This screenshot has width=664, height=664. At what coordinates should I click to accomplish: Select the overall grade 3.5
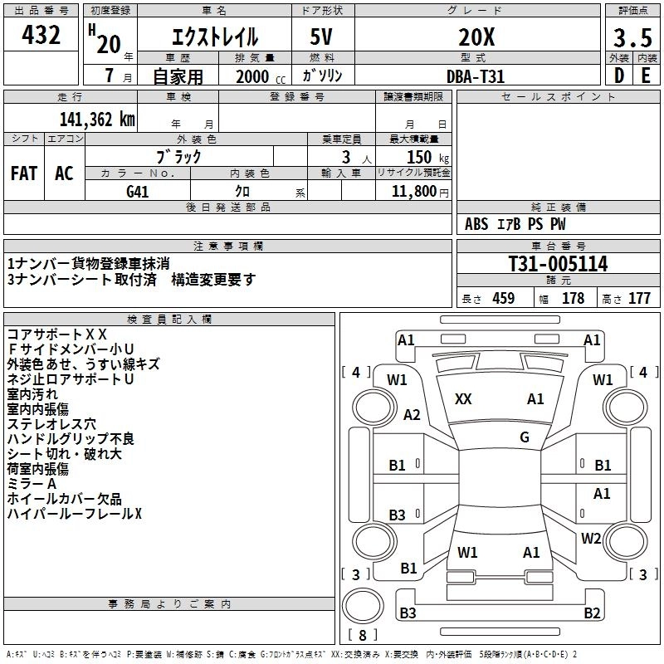pos(632,38)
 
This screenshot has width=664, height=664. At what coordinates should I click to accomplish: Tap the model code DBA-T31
pos(476,76)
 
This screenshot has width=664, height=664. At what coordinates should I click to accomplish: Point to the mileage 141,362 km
pos(97,120)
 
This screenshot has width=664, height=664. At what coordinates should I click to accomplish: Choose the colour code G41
pos(138,191)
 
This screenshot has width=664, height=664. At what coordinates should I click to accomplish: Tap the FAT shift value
pos(24,173)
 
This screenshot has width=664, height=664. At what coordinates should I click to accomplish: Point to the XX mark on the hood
pos(464,399)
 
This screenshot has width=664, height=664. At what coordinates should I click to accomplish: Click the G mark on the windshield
pos(524,437)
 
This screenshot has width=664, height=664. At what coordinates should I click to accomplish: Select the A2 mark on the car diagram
pos(411,415)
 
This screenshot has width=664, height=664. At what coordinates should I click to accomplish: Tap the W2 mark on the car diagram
pos(591,538)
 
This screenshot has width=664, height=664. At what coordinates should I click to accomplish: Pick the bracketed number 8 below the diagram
pos(362,636)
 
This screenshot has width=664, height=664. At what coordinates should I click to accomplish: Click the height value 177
pos(639,299)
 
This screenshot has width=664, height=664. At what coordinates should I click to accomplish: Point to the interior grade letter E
pos(646,75)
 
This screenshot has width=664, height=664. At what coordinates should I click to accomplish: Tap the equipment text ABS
pos(476,224)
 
